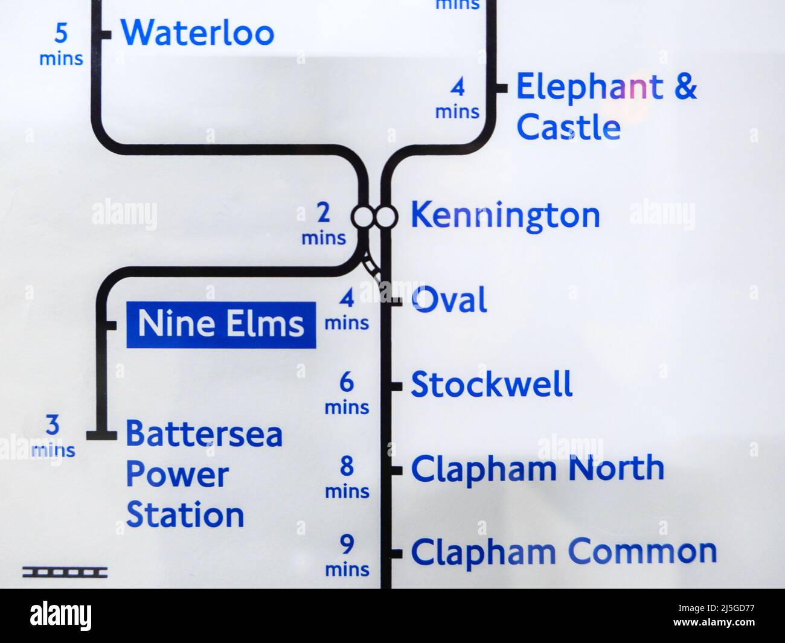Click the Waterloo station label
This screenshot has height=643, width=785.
click(197, 33)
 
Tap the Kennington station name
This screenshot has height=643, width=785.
click(505, 216)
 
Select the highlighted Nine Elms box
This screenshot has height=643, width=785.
click(221, 325)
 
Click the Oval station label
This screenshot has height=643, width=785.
click(449, 300)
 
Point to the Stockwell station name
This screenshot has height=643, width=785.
click(492, 385)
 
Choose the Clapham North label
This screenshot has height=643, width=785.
click(537, 469)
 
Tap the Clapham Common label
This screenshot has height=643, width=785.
click(564, 552)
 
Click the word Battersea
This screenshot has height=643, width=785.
click(204, 434)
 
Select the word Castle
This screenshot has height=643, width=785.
click(569, 127)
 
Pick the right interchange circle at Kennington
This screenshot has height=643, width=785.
click(385, 216)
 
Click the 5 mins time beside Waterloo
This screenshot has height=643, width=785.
click(61, 43)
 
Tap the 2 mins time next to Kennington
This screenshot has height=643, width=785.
click(324, 224)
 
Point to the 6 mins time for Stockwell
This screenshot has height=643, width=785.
click(347, 394)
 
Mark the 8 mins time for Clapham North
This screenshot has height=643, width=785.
click(347, 478)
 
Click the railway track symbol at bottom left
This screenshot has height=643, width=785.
click(65, 571)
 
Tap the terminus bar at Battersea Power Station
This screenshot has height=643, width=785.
click(101, 434)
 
